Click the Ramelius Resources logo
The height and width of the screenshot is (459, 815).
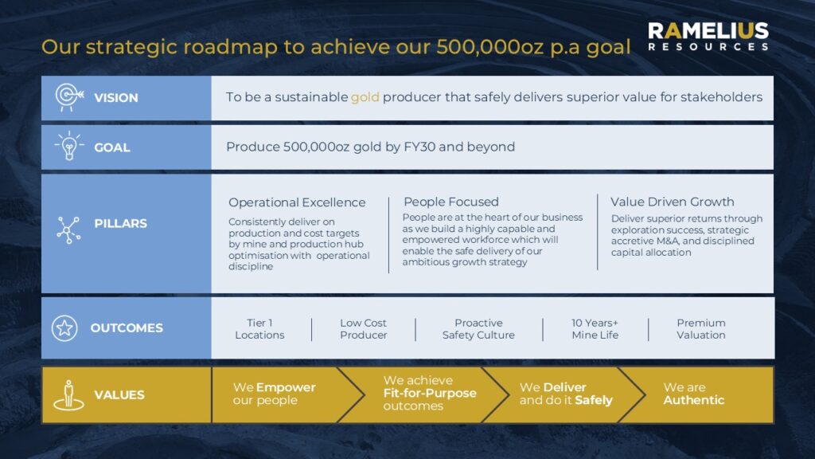click(708, 37)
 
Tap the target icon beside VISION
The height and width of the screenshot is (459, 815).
click(69, 97)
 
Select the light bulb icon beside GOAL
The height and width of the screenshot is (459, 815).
click(69, 146)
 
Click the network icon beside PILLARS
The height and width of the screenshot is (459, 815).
click(68, 230)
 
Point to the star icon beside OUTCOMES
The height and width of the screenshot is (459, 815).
click(64, 328)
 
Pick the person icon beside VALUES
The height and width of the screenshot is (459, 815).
click(68, 395)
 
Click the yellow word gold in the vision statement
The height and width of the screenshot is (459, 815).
click(365, 98)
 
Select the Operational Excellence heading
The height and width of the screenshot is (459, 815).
click(297, 202)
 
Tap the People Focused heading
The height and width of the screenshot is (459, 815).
click(451, 202)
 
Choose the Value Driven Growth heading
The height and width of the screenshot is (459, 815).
click(672, 202)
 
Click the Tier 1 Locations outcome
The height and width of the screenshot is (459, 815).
click(259, 329)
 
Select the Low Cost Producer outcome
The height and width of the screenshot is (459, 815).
click(363, 329)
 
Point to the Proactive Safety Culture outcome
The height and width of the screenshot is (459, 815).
click(478, 329)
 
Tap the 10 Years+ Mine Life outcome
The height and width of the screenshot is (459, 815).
click(595, 329)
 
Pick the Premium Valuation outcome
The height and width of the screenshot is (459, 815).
click(701, 329)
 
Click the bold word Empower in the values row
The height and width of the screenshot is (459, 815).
click(286, 388)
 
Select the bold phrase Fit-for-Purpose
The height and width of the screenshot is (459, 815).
click(430, 393)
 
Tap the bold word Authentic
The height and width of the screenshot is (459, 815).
click(694, 400)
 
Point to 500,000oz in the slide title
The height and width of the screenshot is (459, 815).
click(490, 47)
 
